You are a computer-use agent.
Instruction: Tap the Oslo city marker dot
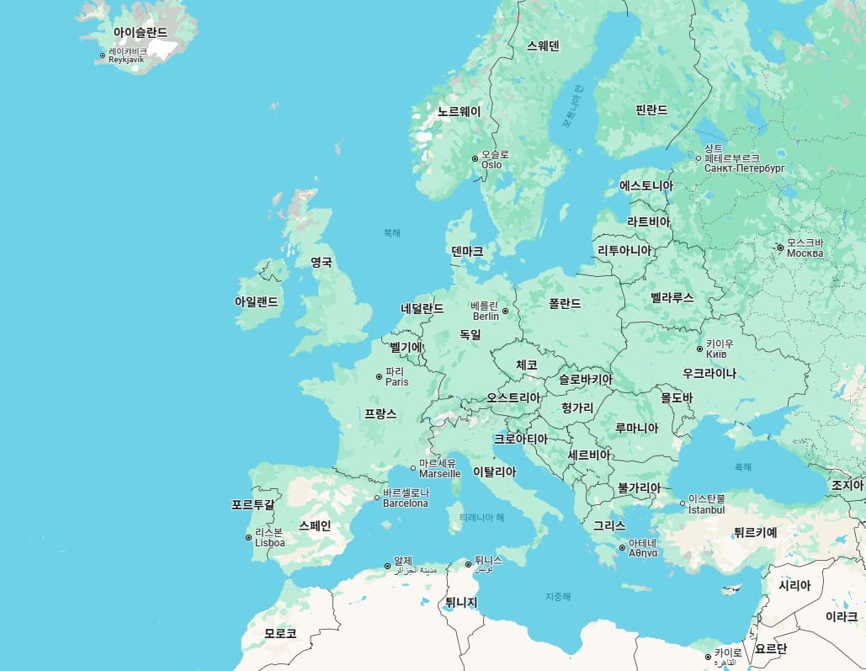475,157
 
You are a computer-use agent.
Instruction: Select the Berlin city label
485,311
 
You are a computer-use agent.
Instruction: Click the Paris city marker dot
379,376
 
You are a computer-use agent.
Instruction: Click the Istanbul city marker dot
683,504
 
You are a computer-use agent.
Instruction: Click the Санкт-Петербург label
744,168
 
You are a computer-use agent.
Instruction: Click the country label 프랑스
380,414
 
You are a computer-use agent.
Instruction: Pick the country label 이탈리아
495,471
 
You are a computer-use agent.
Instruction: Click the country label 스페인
315,525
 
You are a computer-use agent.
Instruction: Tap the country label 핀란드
651,109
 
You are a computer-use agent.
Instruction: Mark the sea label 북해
392,232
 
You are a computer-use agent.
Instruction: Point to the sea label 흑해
743,466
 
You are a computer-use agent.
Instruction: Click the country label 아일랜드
256,301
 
